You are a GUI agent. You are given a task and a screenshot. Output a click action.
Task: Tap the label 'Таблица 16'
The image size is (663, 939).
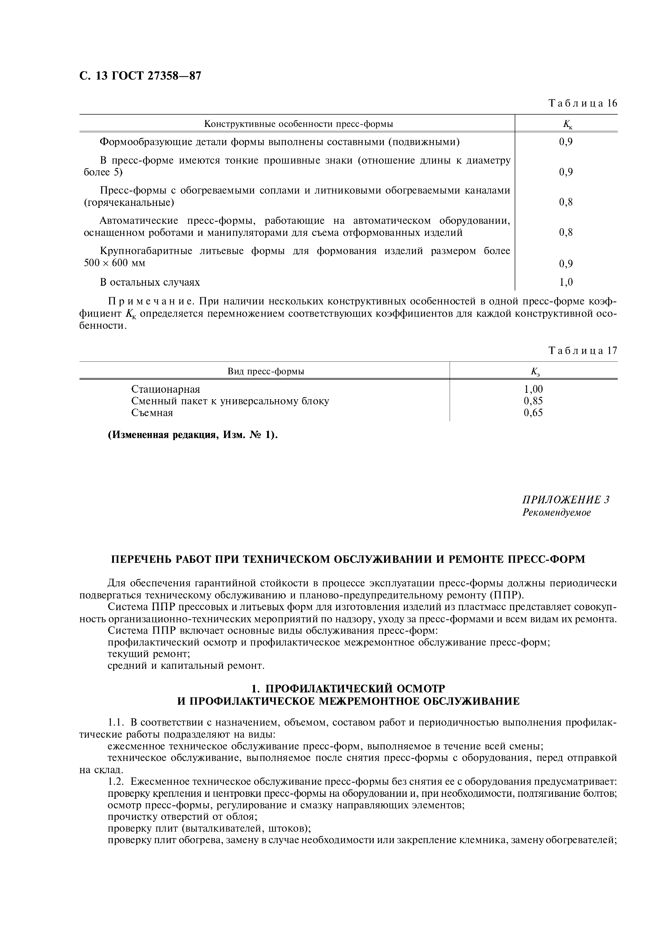pyautogui.click(x=582, y=103)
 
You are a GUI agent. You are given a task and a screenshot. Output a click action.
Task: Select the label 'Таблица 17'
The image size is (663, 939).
pyautogui.click(x=582, y=351)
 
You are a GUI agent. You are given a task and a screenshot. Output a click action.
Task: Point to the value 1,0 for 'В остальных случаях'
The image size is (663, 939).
pyautogui.click(x=566, y=282)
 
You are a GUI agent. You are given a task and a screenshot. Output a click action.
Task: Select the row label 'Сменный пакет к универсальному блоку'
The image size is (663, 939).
pyautogui.click(x=230, y=401)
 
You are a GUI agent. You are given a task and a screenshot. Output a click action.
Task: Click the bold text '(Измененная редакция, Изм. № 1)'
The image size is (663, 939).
pyautogui.click(x=192, y=435)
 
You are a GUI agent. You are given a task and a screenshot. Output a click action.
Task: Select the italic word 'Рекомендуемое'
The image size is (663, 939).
pyautogui.click(x=556, y=512)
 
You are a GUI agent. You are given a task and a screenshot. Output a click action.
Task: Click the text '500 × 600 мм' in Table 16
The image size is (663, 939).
pyautogui.click(x=115, y=263)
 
